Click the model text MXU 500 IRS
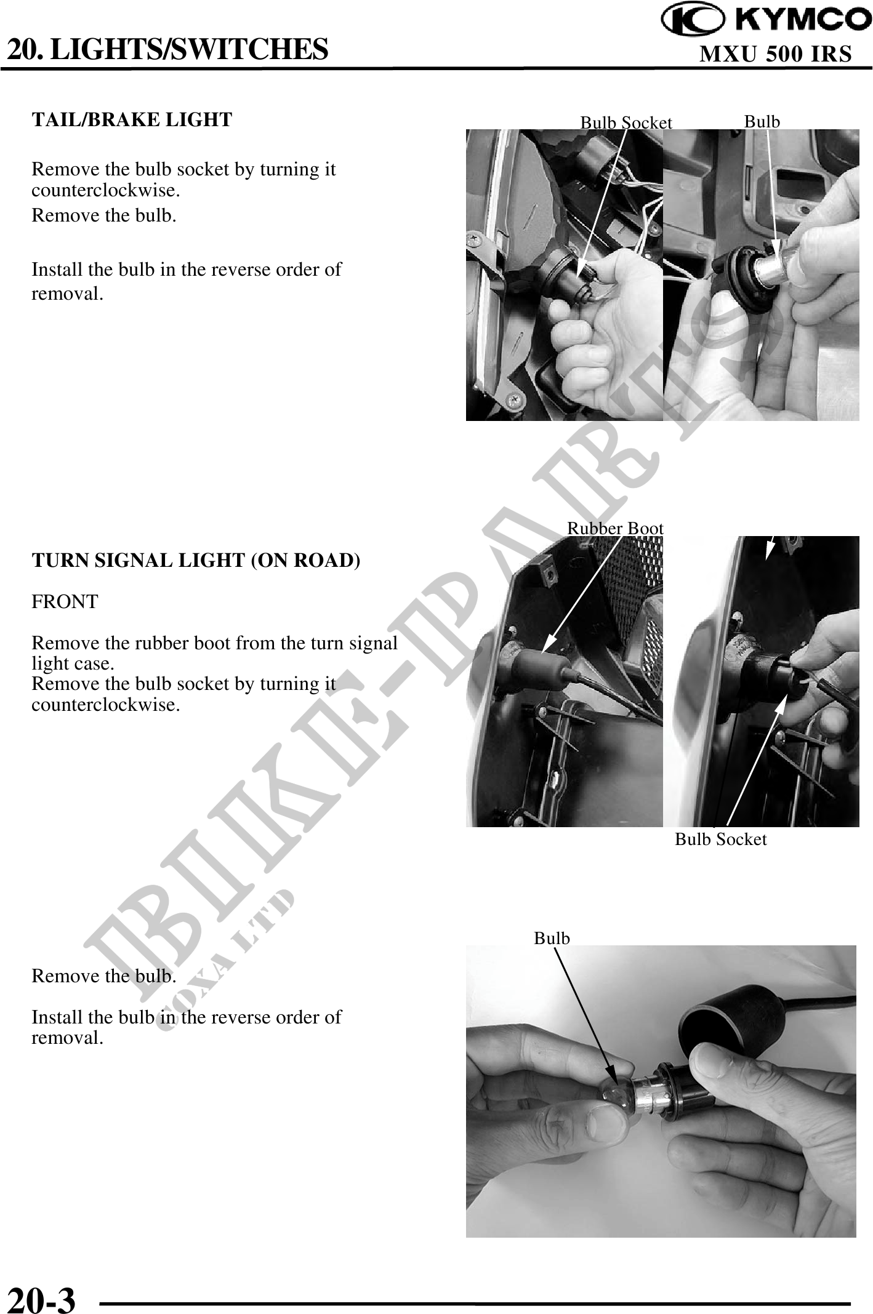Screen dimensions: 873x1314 tap(776, 54)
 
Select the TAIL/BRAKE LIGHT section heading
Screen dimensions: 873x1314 tap(132, 119)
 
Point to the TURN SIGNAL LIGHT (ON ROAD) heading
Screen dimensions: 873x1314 tap(196, 561)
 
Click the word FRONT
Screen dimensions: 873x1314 tap(65, 602)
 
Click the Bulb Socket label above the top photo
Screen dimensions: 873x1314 tap(626, 123)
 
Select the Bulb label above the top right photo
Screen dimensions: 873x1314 tap(762, 121)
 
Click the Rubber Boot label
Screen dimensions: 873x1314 tap(615, 528)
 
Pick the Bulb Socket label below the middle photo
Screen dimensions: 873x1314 tap(721, 839)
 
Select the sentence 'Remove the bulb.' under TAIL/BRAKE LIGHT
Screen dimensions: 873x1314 tap(104, 215)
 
